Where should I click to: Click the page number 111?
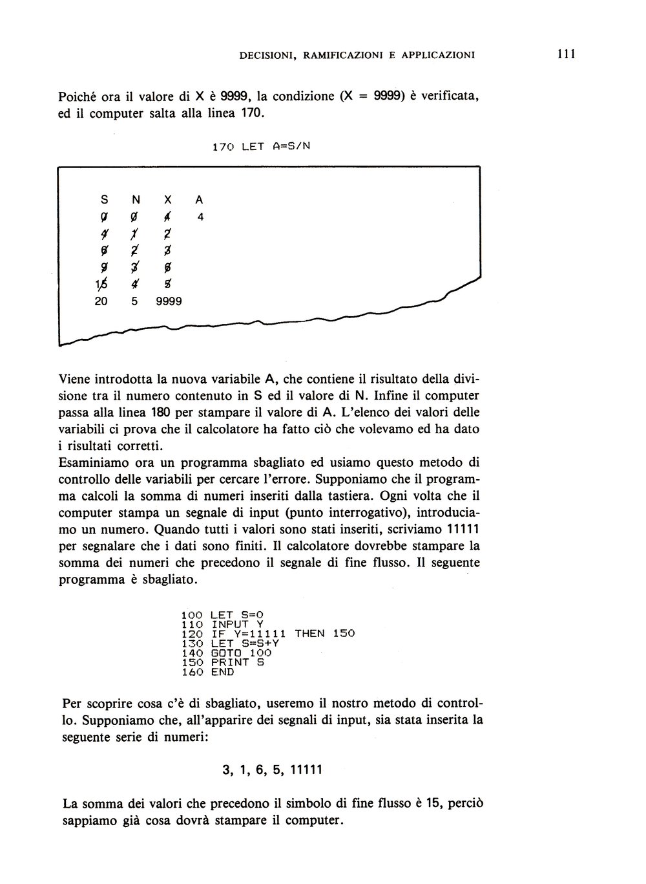[x=565, y=54]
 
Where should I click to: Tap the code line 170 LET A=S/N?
[x=262, y=146]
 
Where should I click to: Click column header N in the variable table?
[x=136, y=201]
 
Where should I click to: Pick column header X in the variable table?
[x=167, y=201]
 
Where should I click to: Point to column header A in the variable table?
[x=199, y=201]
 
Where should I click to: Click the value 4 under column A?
[x=201, y=218]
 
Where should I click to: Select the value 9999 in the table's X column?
[x=169, y=301]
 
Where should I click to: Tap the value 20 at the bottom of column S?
[x=101, y=301]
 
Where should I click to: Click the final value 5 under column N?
[x=135, y=301]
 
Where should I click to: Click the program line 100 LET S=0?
[x=223, y=615]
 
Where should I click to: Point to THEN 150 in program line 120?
[x=325, y=634]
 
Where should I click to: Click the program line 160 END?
[x=207, y=672]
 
